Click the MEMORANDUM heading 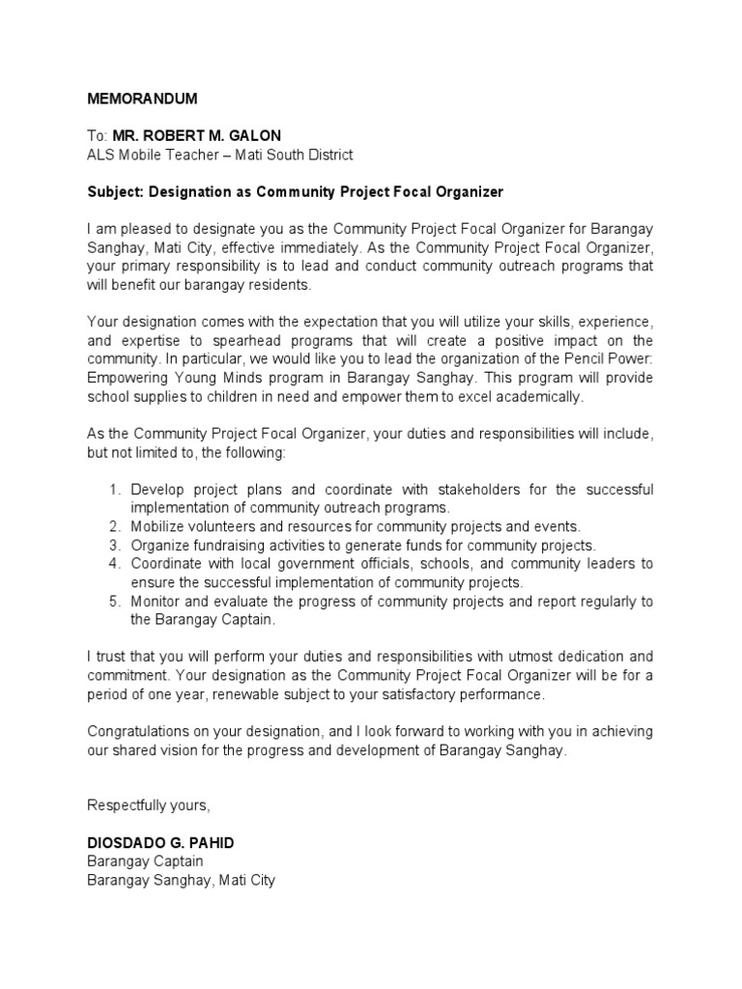click(x=142, y=99)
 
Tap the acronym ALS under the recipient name click(x=100, y=155)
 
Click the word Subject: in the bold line click(x=115, y=192)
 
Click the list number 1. click(x=113, y=490)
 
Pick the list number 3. click(x=113, y=545)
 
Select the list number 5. click(x=113, y=601)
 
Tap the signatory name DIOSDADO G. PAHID click(x=160, y=843)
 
